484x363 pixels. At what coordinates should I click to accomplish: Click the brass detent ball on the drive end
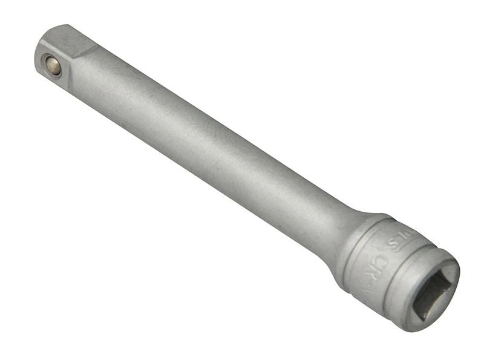click(54, 66)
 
